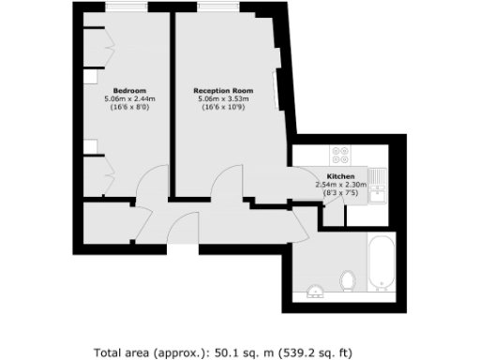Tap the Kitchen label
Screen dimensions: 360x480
pos(340,176)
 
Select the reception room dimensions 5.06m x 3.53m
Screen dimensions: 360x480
pos(227,99)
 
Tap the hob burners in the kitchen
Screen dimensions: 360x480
pos(337,157)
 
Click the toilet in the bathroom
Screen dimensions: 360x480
pos(349,280)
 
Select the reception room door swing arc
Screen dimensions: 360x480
pos(229,183)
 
